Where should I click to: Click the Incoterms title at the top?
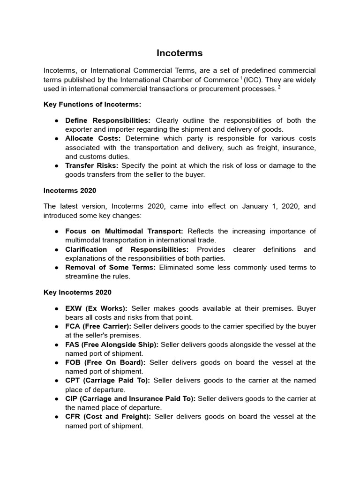click(180, 53)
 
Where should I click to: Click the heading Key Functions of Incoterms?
click(92, 104)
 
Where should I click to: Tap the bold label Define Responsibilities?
click(108, 120)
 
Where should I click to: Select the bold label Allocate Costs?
click(93, 138)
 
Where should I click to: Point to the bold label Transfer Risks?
click(91, 165)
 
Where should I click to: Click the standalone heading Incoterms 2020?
click(70, 190)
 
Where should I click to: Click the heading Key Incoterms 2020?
click(77, 292)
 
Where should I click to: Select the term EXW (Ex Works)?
click(96, 308)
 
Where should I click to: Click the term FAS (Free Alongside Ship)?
click(112, 345)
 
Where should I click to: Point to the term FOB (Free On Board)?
click(105, 362)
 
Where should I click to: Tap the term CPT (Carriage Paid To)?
click(107, 380)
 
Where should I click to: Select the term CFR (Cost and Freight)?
click(108, 416)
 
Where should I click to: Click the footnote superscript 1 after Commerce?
click(241, 78)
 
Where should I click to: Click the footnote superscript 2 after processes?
click(279, 87)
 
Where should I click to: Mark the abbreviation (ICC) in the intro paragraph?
click(253, 80)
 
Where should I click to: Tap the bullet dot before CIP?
click(56, 398)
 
